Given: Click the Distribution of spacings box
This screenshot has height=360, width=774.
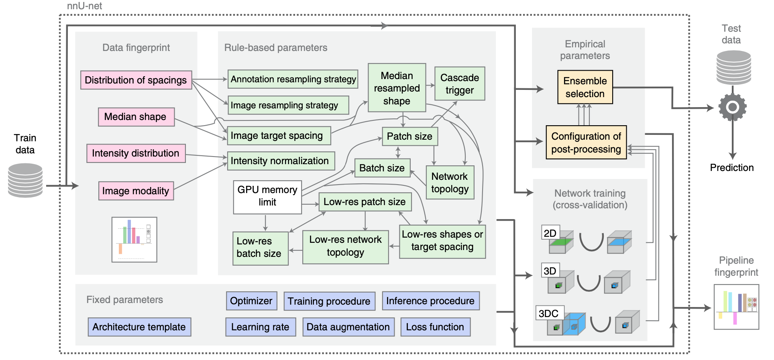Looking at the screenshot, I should [136, 80].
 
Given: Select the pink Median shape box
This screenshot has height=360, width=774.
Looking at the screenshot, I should [136, 117].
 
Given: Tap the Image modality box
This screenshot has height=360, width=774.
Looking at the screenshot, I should [136, 191].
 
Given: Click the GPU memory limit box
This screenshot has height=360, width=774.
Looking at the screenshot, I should [267, 197].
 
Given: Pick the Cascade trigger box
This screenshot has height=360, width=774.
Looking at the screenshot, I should [460, 83].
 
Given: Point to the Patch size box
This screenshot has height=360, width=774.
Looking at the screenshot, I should [409, 136].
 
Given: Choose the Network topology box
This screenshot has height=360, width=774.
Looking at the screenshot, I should [450, 183].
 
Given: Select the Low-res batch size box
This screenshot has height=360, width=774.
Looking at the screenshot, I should [260, 248].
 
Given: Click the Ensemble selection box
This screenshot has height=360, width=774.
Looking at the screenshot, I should [585, 87].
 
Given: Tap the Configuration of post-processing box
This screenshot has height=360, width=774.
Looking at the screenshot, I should [586, 142].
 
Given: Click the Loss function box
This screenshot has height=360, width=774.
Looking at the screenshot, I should [435, 327].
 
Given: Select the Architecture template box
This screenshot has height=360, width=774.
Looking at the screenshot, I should [139, 327].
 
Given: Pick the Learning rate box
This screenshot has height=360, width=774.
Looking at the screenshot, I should [260, 327].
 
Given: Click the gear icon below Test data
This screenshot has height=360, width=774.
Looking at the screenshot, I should [733, 107].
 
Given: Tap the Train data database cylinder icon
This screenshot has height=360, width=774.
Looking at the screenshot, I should [25, 180].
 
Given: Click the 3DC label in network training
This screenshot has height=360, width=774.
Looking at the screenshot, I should [549, 313].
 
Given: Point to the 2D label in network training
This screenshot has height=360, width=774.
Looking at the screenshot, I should [550, 233].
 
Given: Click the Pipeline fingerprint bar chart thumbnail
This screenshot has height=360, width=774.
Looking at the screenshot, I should [736, 307].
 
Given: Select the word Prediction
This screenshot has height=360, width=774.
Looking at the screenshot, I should [732, 168].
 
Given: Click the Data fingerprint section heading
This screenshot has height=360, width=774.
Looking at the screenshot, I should [136, 48].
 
